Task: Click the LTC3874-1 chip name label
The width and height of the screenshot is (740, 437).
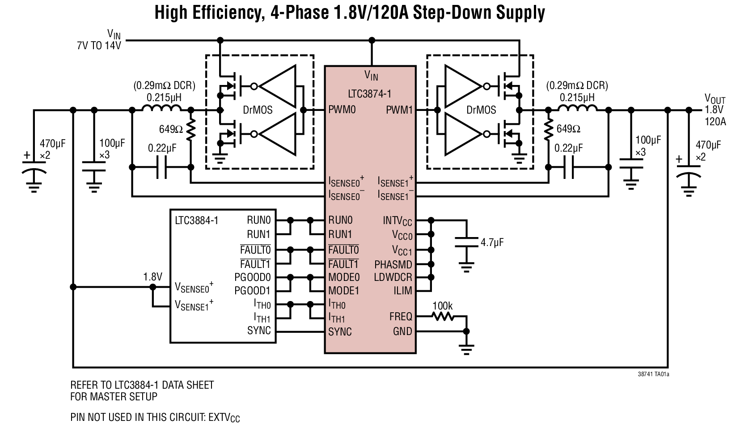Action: (x=370, y=94)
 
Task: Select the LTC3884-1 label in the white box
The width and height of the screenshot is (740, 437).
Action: (x=196, y=220)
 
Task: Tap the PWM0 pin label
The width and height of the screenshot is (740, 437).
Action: (x=342, y=110)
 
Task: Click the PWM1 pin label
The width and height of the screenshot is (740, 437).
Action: (x=399, y=110)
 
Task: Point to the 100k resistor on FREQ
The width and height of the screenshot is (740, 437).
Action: (x=443, y=317)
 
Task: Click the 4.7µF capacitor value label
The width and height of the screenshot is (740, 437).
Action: (x=492, y=242)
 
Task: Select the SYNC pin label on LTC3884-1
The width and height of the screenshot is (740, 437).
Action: (x=259, y=331)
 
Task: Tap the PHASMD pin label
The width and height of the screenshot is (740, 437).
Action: (x=393, y=264)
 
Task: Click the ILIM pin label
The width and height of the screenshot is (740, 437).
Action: (x=402, y=290)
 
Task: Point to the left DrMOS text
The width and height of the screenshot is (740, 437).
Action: (x=258, y=110)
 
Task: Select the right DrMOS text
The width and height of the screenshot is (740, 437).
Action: (x=481, y=110)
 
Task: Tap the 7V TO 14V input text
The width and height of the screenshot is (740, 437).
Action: (x=98, y=45)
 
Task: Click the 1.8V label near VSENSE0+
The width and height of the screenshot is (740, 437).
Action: (x=152, y=277)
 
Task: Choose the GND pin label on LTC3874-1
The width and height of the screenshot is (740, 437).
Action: (x=402, y=331)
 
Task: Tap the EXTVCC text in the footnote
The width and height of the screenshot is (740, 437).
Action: (x=224, y=418)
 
